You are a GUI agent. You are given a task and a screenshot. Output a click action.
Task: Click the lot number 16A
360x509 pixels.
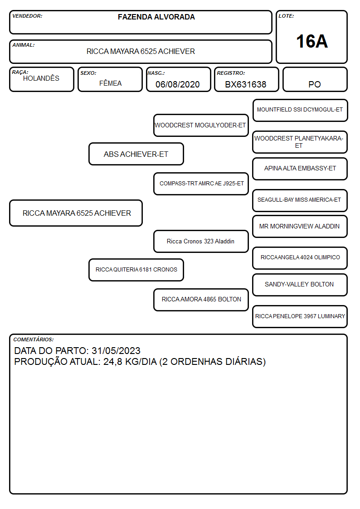(x=311, y=41)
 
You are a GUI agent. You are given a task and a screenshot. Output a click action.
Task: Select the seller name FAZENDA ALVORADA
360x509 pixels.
(x=156, y=17)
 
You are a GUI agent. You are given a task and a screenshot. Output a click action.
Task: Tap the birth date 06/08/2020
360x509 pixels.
(x=178, y=84)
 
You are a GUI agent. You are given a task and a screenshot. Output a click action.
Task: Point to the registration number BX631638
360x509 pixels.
(x=245, y=84)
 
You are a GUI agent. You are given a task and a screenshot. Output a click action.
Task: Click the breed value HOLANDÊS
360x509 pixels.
(x=41, y=78)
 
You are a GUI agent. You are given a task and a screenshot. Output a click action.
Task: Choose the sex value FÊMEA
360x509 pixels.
(x=110, y=83)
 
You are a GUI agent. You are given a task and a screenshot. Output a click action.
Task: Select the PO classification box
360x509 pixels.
(x=315, y=79)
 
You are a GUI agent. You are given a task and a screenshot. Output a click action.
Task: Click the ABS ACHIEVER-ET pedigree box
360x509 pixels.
(x=136, y=154)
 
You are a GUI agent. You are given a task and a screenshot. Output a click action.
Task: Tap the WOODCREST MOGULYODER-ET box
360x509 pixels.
(x=201, y=125)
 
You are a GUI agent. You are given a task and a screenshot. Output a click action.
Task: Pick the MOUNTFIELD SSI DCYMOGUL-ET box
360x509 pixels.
(x=300, y=111)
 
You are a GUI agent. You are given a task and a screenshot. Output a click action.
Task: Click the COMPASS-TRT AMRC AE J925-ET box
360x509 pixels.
(x=201, y=184)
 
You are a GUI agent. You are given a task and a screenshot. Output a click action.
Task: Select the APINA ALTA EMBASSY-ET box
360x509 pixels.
(x=300, y=169)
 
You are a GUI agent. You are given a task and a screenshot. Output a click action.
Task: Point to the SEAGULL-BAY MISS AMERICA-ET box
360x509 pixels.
(x=300, y=200)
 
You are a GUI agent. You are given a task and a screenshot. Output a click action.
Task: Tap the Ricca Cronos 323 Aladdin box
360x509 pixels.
(x=201, y=241)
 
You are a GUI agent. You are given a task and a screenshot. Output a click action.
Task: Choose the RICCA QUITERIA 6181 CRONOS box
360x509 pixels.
(x=136, y=270)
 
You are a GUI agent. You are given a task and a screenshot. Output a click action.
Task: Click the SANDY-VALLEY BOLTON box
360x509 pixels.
(x=300, y=285)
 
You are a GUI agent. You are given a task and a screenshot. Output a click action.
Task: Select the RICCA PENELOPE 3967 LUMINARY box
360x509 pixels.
(x=300, y=316)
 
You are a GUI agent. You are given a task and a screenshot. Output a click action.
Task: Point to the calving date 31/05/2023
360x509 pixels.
(x=116, y=351)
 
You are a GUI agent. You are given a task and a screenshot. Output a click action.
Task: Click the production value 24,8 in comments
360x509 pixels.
(x=112, y=362)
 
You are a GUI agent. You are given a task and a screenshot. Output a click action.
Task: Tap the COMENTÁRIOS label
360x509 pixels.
(x=34, y=339)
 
